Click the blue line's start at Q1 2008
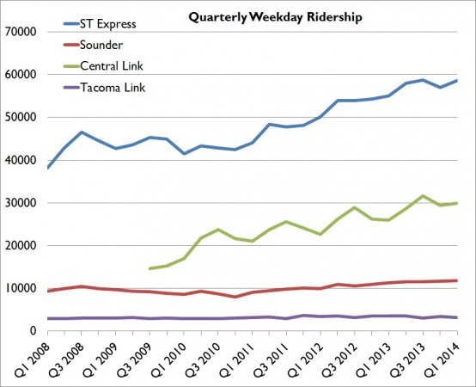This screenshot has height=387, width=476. point(48,168)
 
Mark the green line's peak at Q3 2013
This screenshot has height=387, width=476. point(421,196)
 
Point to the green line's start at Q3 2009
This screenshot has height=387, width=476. point(150,268)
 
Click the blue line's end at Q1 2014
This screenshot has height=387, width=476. point(455,81)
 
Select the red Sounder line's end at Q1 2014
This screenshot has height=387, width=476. point(455,280)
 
